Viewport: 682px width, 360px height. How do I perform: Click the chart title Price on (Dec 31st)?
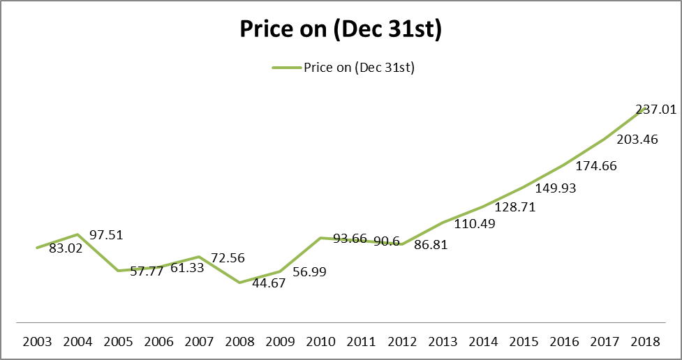(340, 31)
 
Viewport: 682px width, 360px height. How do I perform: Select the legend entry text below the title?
(359, 68)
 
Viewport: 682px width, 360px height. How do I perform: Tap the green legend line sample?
(286, 68)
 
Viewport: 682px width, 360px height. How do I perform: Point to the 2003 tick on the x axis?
(36, 343)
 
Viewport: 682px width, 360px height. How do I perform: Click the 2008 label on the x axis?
(239, 343)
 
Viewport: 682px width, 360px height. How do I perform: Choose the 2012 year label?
(402, 343)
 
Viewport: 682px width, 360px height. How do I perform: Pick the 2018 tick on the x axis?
(646, 343)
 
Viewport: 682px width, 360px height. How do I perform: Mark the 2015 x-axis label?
(524, 343)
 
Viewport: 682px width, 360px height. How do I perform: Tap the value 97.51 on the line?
(106, 235)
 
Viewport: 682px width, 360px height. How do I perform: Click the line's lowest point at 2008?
(239, 283)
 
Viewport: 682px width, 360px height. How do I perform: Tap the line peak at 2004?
(77, 234)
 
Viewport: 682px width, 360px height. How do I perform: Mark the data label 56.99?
(309, 271)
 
